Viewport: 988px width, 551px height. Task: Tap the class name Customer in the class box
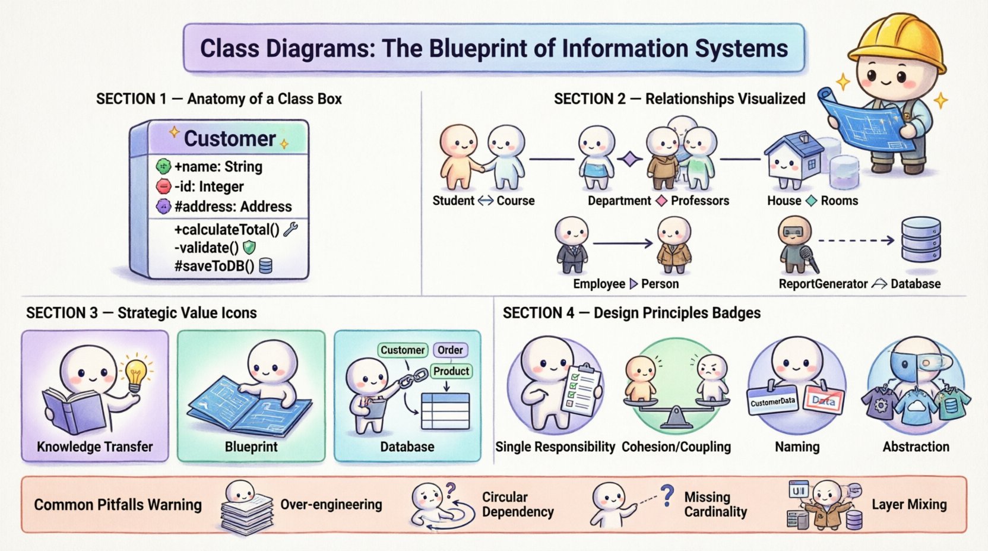pos(230,138)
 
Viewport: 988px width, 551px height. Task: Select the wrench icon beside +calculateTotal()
pos(290,229)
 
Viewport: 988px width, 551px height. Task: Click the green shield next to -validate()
pos(249,248)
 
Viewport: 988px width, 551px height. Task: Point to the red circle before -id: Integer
pos(163,186)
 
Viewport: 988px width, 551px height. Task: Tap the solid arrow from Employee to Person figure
pos(622,243)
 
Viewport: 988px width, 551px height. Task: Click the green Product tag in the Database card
pos(451,371)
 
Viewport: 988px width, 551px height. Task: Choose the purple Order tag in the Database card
pos(450,350)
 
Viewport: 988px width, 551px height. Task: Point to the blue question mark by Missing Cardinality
pos(668,495)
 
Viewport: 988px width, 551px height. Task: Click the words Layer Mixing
pos(909,505)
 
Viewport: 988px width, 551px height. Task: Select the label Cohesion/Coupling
pos(676,447)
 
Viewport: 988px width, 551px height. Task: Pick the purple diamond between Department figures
pos(630,159)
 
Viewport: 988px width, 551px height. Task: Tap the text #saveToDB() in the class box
pos(214,266)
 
